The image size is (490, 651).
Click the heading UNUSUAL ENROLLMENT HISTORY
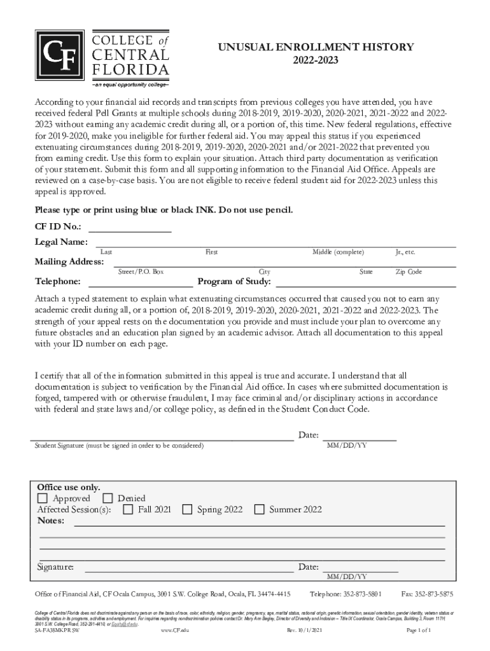[x=316, y=47]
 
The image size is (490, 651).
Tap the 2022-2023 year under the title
[x=316, y=61]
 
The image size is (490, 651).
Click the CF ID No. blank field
[x=130, y=228]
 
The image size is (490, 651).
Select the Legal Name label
[x=60, y=242]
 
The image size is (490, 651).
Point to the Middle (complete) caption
[x=338, y=252]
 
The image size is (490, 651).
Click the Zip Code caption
[x=409, y=272]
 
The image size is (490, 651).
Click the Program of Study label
[x=235, y=282]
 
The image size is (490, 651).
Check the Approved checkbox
[x=43, y=498]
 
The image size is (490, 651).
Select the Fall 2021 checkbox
[x=128, y=509]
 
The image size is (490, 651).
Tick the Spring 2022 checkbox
[x=187, y=509]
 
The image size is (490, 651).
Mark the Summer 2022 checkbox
[x=259, y=509]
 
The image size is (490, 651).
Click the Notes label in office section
[x=51, y=521]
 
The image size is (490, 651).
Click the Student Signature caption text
[x=118, y=446]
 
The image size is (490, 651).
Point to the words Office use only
[x=68, y=488]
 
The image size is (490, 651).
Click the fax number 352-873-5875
[x=426, y=594]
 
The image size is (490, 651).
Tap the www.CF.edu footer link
[x=175, y=630]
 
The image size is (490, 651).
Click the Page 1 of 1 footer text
[x=419, y=630]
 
